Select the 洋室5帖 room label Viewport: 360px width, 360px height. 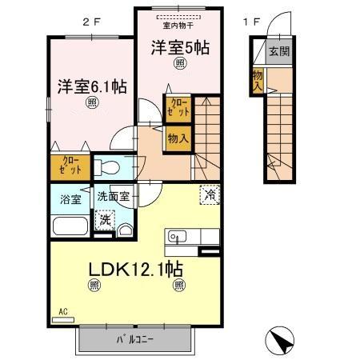pos(180,49)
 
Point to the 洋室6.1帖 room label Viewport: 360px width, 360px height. pos(90,86)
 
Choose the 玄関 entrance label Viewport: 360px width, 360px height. pos(279,53)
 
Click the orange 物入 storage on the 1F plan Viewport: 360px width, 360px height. pos(258,80)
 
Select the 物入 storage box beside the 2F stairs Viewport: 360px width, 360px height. pos(178,138)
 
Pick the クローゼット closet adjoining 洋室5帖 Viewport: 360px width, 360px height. pos(178,108)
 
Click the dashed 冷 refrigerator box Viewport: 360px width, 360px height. pos(209,194)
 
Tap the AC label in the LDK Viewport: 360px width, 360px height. pos(62,313)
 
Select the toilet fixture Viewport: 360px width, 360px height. pos(110,168)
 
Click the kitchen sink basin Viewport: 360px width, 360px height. pos(177,236)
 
